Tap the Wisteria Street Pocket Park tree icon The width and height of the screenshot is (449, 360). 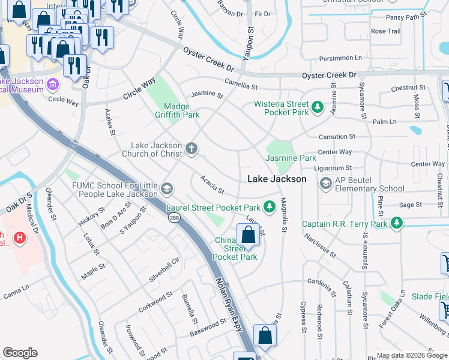(318, 109)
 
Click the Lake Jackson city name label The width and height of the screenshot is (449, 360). (277, 179)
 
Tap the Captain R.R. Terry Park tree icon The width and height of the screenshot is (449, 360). (396, 224)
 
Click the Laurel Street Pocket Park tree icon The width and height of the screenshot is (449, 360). (270, 207)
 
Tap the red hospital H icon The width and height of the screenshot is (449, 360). (21, 238)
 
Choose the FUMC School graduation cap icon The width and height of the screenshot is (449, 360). (167, 189)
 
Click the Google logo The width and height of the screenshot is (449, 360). (20, 353)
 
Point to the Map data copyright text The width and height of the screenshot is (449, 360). (412, 355)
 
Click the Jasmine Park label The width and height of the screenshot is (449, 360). (291, 158)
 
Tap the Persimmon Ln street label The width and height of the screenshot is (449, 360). (357, 58)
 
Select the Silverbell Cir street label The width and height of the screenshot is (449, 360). (164, 271)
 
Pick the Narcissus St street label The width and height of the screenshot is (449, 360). (319, 245)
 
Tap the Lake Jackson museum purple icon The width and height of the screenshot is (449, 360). (52, 83)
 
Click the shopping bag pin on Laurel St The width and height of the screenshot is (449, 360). (249, 235)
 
